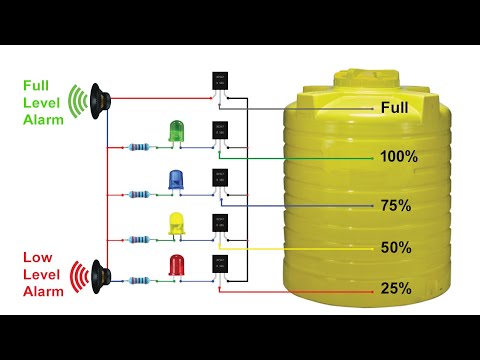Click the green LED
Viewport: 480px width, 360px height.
(177, 130)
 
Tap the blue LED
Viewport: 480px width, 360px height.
(177, 178)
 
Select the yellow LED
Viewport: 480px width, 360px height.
(177, 222)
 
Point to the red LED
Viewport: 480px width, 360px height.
(177, 266)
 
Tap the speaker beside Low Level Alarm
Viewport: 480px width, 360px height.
(98, 272)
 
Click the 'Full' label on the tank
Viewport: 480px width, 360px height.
(393, 106)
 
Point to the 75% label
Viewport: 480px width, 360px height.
(395, 205)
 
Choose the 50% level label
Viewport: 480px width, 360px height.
(395, 247)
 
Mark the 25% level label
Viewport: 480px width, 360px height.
(395, 289)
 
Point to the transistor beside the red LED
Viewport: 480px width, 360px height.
(219, 266)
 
